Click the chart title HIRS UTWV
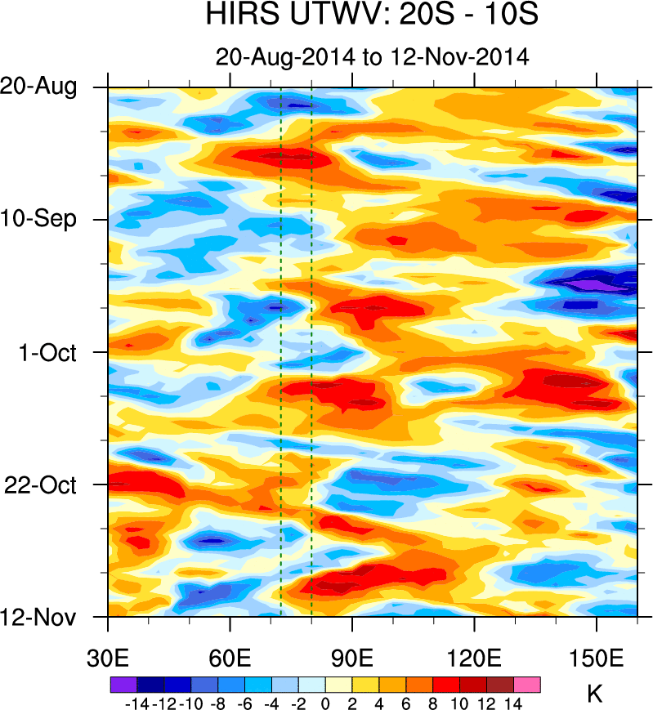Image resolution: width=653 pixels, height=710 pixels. point(372,16)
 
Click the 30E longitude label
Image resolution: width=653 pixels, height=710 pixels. point(109,659)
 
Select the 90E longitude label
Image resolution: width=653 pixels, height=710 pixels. point(352,659)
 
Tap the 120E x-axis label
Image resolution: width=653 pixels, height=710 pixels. point(474,659)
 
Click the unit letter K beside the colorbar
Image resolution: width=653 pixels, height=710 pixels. point(595,694)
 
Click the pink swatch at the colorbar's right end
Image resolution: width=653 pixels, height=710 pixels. point(526,684)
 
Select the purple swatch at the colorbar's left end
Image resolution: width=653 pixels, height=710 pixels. point(123,684)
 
